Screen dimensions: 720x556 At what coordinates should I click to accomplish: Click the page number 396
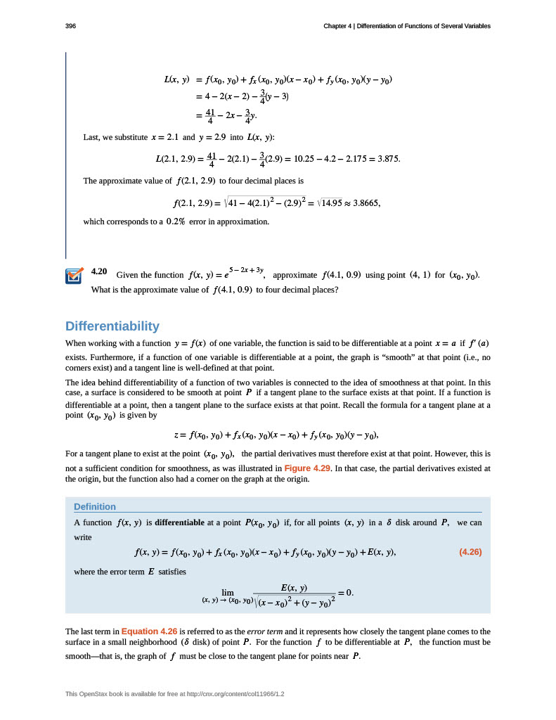pos(70,26)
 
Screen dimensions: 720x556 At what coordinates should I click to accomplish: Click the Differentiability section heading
pos(112,326)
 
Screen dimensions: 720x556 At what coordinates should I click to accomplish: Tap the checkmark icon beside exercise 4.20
pos(74,276)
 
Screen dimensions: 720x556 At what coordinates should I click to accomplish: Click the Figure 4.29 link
pos(306,468)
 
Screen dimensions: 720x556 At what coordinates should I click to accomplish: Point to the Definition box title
pos(95,507)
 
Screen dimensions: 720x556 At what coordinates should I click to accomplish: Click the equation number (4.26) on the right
pos(470,552)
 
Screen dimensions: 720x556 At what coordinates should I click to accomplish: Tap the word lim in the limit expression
pos(227,593)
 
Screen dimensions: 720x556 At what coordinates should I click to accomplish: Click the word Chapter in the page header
pos(338,26)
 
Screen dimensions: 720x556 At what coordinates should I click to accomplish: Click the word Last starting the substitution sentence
pos(91,136)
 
